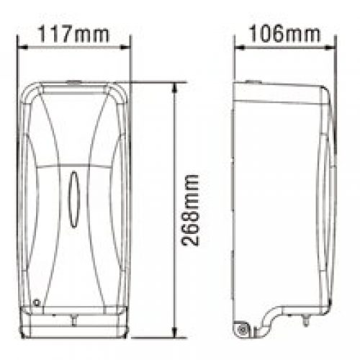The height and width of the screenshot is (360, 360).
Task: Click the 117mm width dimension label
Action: tap(73, 35)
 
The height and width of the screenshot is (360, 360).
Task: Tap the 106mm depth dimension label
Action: tap(284, 34)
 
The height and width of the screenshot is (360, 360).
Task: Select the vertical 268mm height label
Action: tap(190, 210)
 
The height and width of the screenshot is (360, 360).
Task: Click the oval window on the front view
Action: tap(74, 199)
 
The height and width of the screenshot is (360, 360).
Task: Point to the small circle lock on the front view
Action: tap(37, 302)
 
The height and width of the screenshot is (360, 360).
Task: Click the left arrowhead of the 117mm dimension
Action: tap(23, 48)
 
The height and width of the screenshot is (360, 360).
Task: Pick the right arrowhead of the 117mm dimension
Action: tap(125, 48)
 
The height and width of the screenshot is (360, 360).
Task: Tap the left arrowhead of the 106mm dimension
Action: tap(240, 48)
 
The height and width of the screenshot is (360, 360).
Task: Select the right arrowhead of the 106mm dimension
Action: tap(330, 48)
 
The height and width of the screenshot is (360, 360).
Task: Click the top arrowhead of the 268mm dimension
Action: tap(175, 88)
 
